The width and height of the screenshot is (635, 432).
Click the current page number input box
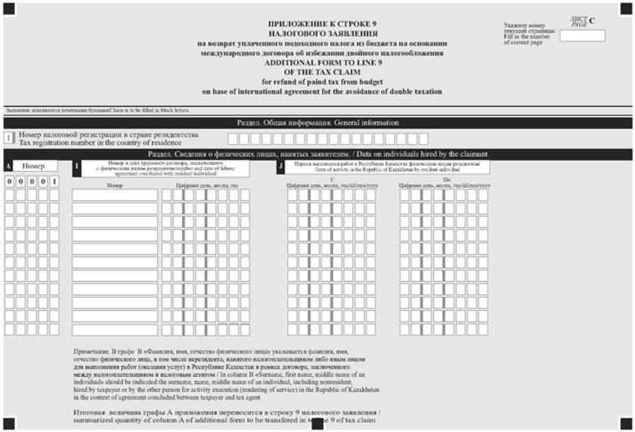(x=588, y=35)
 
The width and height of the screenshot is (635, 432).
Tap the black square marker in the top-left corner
(x=8, y=8)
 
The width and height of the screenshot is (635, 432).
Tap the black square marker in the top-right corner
(x=627, y=8)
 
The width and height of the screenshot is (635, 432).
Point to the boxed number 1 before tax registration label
(x=9, y=138)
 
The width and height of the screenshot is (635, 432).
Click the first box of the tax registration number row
(x=234, y=138)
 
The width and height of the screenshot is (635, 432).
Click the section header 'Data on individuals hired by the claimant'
(x=317, y=153)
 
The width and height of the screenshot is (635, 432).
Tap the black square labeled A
(x=8, y=167)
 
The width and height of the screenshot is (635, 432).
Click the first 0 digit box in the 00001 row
(x=9, y=182)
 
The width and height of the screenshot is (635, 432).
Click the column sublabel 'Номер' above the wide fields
(x=115, y=185)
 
